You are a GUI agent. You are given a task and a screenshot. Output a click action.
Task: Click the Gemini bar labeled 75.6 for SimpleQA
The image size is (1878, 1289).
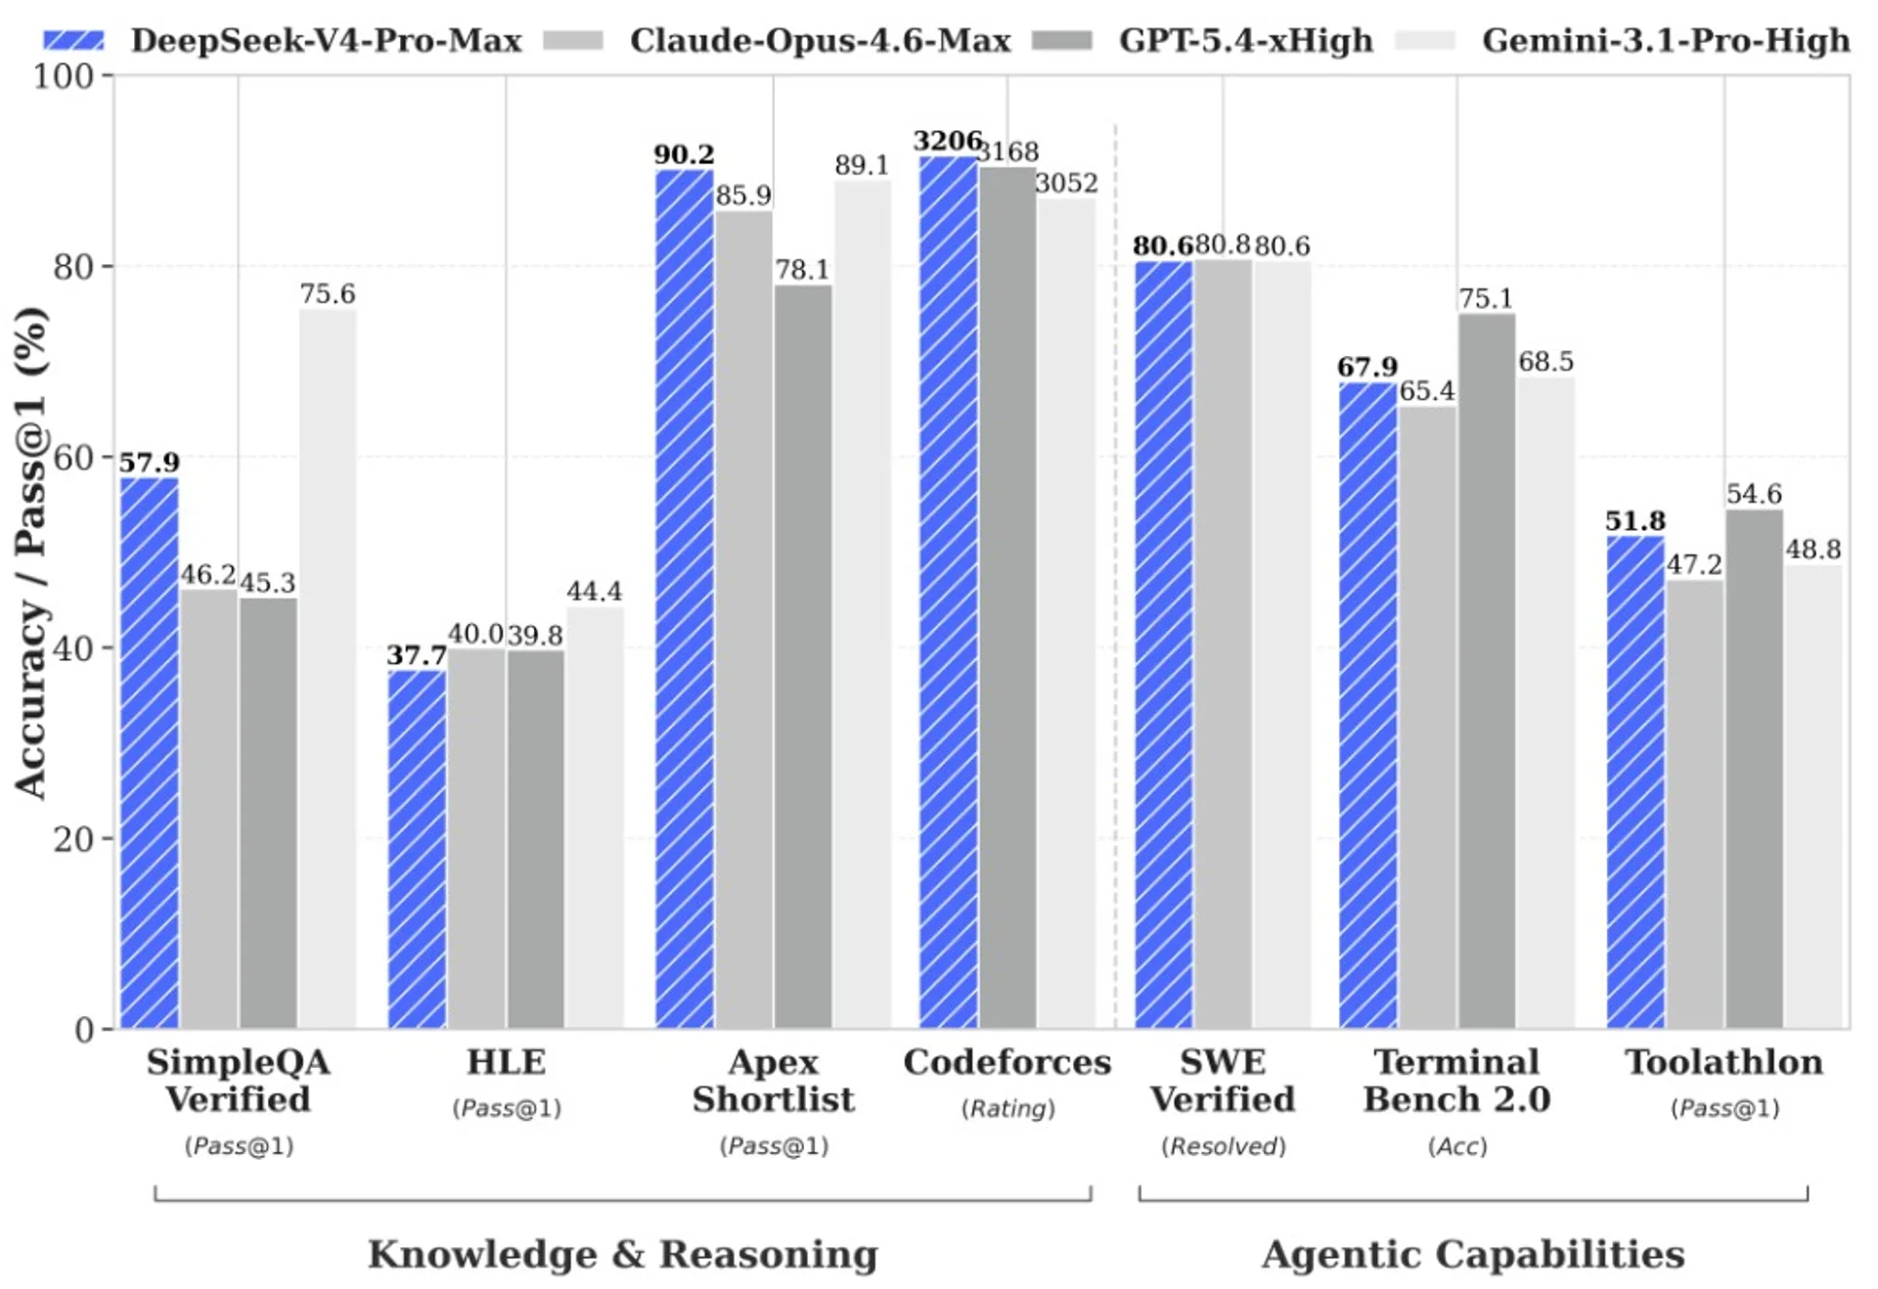tap(328, 669)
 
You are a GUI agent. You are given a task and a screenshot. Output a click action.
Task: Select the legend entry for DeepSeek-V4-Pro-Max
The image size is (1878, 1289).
tap(284, 41)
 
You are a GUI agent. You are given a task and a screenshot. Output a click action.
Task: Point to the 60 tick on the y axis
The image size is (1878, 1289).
tap(72, 458)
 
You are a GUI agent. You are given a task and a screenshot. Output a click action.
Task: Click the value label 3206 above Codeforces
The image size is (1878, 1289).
tap(947, 141)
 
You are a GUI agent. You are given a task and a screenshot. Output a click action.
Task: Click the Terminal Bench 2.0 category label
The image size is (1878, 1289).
tap(1456, 1081)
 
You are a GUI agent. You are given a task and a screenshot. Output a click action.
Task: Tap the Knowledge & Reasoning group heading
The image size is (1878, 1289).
tap(623, 1254)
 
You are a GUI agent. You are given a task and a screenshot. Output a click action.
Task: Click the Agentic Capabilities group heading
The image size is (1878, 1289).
tap(1473, 1254)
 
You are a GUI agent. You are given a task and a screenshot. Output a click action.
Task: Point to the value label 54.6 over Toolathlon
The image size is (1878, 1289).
tap(1754, 494)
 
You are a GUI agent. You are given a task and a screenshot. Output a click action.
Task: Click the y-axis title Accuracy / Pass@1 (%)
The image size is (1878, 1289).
tap(31, 553)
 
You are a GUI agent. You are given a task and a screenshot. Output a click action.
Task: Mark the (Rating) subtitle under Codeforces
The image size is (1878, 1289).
tap(1007, 1108)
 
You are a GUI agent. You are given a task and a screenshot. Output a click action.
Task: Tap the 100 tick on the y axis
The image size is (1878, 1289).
tap(64, 76)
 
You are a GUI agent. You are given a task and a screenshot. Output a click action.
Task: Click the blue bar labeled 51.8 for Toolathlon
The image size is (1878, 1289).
tap(1635, 781)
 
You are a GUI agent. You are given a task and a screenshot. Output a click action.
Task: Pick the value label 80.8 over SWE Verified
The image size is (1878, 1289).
tap(1223, 244)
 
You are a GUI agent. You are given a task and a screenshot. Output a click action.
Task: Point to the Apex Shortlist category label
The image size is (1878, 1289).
tap(773, 1081)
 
